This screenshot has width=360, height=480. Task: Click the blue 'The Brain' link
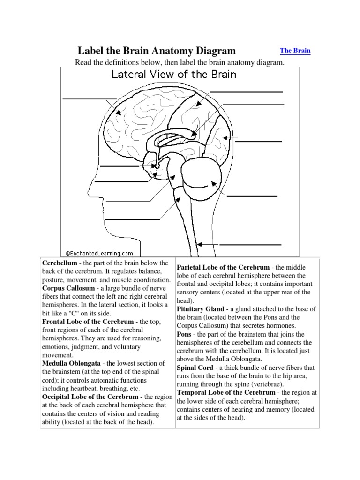click(x=295, y=51)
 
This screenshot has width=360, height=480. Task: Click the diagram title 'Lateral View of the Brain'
click(x=173, y=74)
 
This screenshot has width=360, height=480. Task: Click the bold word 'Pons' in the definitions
click(x=184, y=335)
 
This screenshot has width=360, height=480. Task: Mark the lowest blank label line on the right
click(x=250, y=245)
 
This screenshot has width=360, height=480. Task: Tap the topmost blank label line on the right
click(x=246, y=92)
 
